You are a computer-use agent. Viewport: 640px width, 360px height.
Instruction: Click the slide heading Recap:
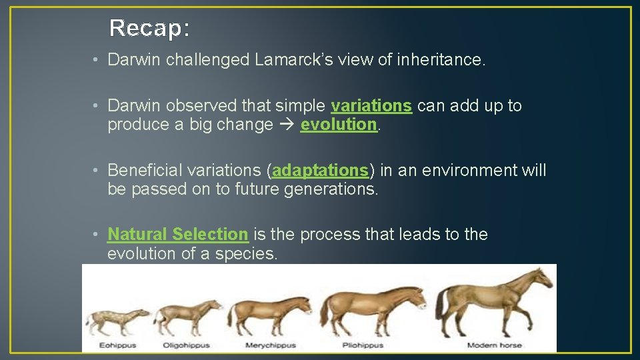149,28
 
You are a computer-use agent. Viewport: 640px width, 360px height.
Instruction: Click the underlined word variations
371,106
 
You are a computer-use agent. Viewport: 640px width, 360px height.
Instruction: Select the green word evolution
339,125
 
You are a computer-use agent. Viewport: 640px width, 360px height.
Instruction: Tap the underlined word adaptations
320,171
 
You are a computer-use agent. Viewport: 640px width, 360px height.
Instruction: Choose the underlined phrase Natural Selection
177,235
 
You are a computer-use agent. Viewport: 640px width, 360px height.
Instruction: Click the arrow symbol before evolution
287,125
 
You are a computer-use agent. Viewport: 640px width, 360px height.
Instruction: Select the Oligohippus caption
186,345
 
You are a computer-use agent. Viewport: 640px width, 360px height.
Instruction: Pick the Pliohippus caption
363,345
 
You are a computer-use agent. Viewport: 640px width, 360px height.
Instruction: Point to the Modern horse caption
494,345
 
